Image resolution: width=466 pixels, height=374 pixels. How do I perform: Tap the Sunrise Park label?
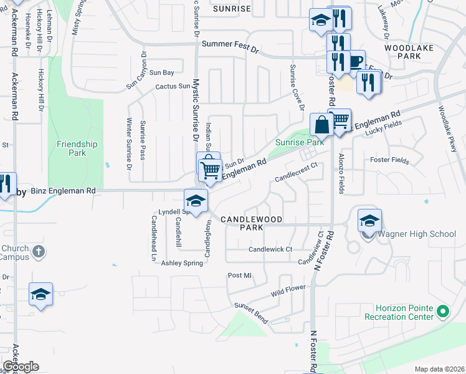300,143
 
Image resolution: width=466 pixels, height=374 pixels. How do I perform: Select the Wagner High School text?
417,234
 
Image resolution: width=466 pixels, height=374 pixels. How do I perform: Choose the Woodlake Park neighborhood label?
404,53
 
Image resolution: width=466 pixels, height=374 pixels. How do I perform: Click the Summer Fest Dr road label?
230,46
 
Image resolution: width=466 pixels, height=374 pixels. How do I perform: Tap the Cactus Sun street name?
173,87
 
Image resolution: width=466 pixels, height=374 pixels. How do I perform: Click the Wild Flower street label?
288,290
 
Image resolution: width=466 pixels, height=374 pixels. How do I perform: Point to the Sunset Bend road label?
250,313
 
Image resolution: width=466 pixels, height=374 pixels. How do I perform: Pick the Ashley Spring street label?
183,263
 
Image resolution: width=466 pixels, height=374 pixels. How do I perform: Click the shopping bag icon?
321,125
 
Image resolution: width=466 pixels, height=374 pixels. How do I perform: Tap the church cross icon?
38,252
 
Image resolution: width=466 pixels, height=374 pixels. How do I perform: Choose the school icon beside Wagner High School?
369,221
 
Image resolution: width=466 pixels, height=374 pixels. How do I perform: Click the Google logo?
21,367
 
